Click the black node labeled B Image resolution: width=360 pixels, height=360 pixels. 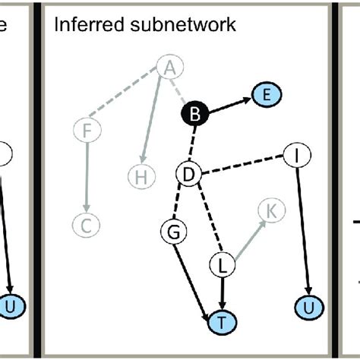[194, 115]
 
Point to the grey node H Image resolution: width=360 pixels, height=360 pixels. [140, 178]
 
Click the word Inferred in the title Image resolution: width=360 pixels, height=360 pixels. [81, 25]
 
